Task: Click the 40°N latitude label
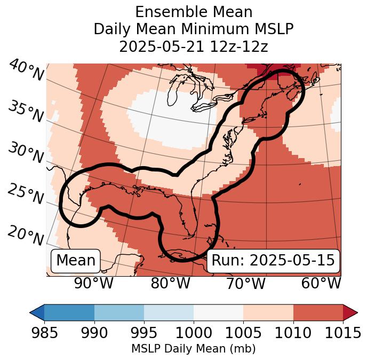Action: (x=26, y=71)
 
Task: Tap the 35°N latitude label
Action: (x=26, y=112)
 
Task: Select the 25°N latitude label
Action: (x=26, y=194)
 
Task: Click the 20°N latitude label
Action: (x=26, y=236)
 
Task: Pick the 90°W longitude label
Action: (x=94, y=284)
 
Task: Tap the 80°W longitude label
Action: (x=170, y=284)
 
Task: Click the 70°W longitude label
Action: (x=245, y=284)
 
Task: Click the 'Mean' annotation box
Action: (x=76, y=261)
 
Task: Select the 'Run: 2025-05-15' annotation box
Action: (x=273, y=261)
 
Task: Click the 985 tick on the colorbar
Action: (x=44, y=333)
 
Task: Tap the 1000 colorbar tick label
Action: (x=194, y=333)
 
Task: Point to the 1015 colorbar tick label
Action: (x=343, y=333)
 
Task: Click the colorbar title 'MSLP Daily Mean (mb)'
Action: (x=193, y=349)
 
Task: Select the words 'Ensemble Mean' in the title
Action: (x=194, y=12)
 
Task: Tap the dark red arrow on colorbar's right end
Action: (x=350, y=312)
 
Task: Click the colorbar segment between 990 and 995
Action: (x=119, y=312)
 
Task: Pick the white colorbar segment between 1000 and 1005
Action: (x=218, y=312)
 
